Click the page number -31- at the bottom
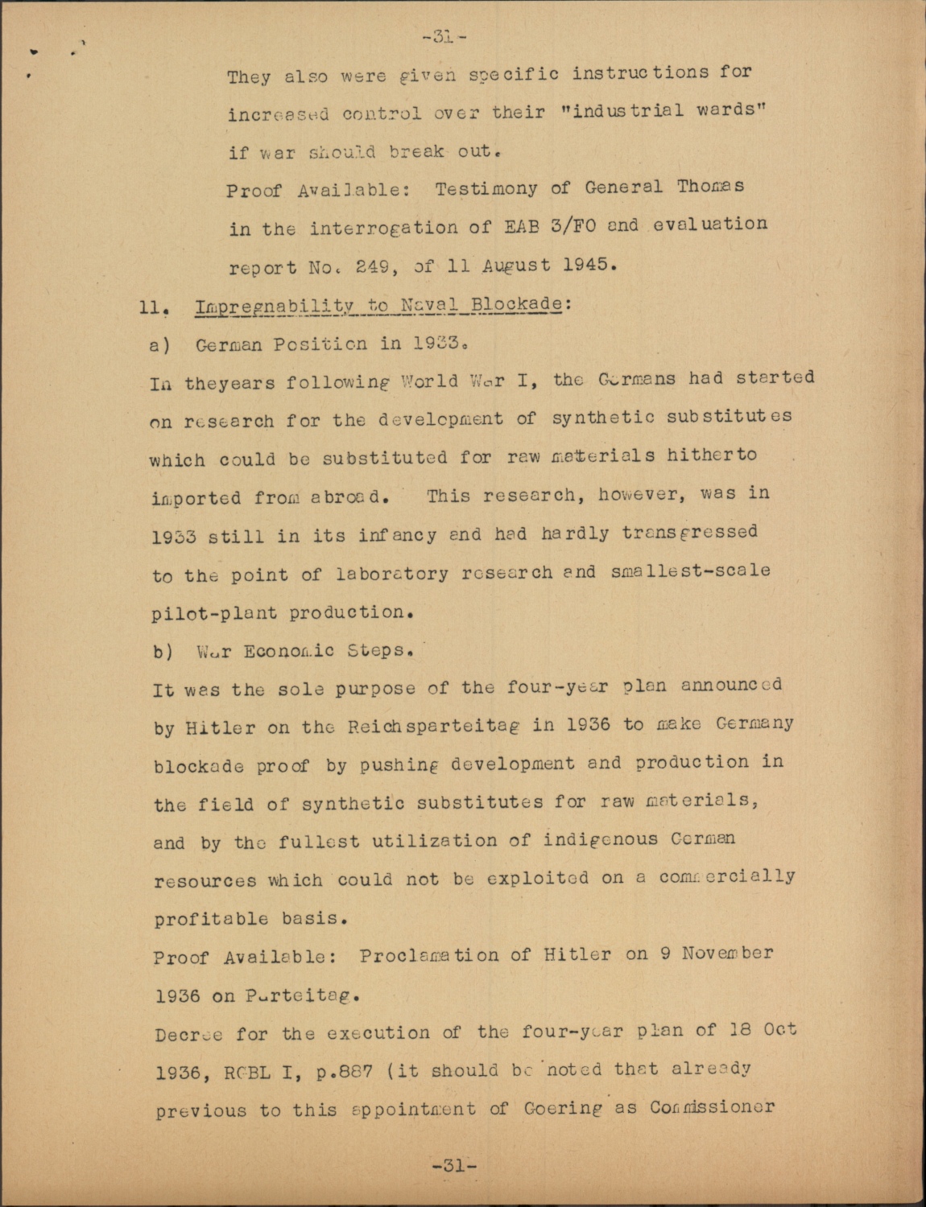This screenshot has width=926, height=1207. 455,1164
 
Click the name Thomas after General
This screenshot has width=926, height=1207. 710,187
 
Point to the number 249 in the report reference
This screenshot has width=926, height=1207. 372,266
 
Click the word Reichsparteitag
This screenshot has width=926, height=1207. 418,725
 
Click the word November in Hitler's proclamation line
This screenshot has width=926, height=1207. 727,954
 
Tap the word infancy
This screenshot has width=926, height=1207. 387,534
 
